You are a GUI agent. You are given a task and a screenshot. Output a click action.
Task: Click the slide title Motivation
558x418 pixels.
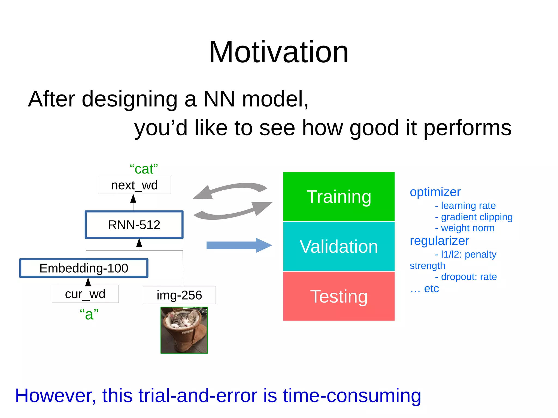(x=278, y=52)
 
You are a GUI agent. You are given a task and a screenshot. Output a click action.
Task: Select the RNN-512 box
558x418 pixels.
(x=134, y=225)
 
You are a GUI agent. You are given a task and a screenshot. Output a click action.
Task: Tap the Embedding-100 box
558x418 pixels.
(x=84, y=268)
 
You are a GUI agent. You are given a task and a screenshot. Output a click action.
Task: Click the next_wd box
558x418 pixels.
(x=134, y=185)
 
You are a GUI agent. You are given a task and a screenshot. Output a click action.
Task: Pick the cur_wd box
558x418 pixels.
(x=85, y=294)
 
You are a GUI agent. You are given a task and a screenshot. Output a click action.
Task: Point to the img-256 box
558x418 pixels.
(x=179, y=295)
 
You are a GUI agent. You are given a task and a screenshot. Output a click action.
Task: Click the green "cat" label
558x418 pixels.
(x=144, y=169)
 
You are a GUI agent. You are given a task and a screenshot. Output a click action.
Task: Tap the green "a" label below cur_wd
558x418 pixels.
(x=89, y=314)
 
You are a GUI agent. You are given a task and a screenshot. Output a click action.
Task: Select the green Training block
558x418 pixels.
(x=339, y=196)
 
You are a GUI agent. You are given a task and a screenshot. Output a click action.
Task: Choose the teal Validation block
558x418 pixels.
(x=339, y=246)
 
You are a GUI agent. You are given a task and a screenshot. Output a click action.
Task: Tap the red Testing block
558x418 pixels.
(x=339, y=296)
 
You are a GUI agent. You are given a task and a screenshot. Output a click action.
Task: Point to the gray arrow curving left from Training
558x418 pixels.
(x=229, y=190)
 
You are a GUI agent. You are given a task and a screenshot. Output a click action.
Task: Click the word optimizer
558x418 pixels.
(x=435, y=192)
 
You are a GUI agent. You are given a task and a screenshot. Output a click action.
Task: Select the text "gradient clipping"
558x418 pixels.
(x=477, y=217)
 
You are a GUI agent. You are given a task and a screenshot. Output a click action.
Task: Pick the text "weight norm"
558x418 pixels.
(x=468, y=228)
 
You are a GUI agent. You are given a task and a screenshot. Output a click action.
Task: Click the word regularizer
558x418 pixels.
(x=439, y=241)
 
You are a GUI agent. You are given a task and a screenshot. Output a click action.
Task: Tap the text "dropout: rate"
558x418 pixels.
(x=469, y=277)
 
